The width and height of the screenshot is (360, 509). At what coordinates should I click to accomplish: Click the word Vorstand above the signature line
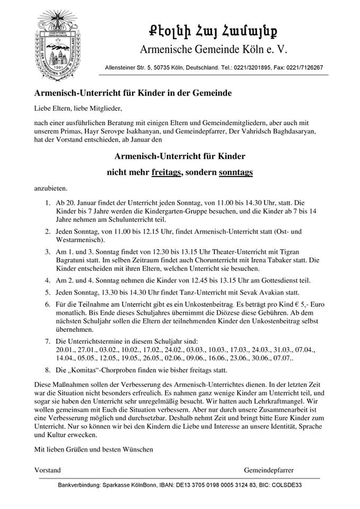[x=47, y=470]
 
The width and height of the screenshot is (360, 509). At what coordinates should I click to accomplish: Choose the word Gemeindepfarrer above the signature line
[x=269, y=470]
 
